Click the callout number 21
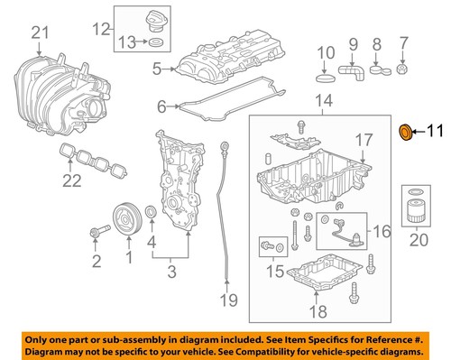click(x=38, y=33)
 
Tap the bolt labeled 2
click(x=95, y=236)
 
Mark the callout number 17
click(x=362, y=140)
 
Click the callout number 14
click(x=323, y=99)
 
